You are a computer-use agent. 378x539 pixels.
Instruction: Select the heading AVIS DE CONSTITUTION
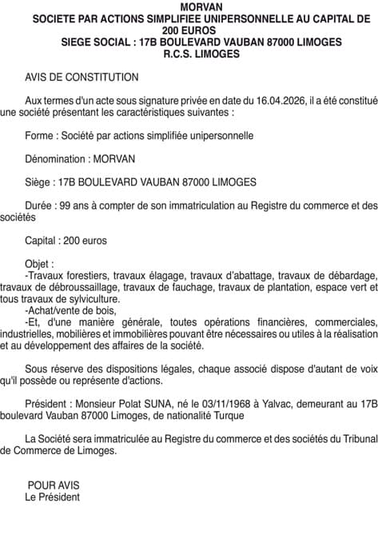(82, 78)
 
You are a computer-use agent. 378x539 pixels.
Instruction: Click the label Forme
(40, 136)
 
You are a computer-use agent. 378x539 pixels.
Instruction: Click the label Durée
(40, 205)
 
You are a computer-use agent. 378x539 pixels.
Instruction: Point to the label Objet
(40, 263)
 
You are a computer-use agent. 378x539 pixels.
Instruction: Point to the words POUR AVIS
(54, 485)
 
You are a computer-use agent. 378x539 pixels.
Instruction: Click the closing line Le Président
(53, 497)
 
